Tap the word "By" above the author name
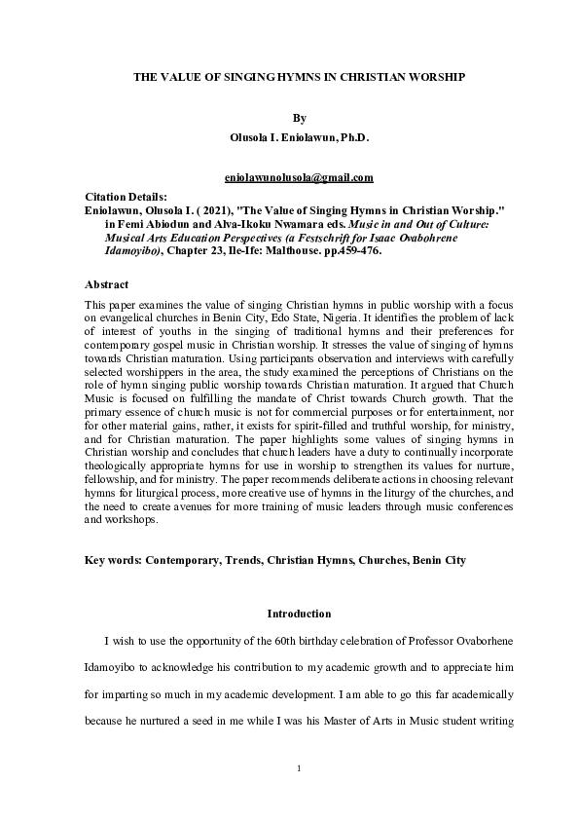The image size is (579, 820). (x=299, y=118)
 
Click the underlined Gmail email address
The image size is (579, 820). (x=299, y=178)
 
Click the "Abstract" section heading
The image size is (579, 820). (x=106, y=285)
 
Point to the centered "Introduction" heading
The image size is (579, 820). (x=299, y=615)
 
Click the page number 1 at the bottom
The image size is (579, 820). (x=299, y=769)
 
